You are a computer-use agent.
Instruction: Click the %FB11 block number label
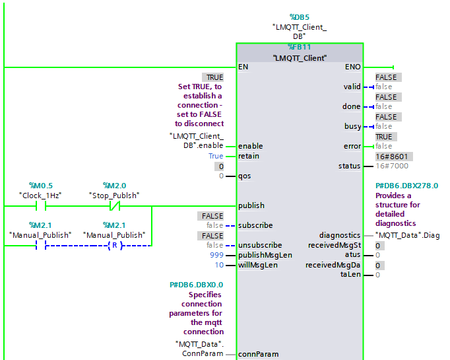pyautogui.click(x=300, y=47)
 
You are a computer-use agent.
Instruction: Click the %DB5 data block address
pyautogui.click(x=299, y=17)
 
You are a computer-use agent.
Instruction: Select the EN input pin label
pyautogui.click(x=243, y=67)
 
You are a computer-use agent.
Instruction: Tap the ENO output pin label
pyautogui.click(x=352, y=67)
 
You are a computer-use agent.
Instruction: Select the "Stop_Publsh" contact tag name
pyautogui.click(x=114, y=196)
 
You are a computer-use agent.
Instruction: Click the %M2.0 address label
pyautogui.click(x=114, y=186)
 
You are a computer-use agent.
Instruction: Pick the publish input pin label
pyautogui.click(x=251, y=205)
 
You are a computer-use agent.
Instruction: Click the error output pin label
pyautogui.click(x=352, y=146)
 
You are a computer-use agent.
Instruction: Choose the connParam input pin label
pyautogui.click(x=258, y=354)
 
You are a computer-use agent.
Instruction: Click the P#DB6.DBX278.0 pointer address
pyautogui.click(x=406, y=186)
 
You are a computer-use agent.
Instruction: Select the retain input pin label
pyautogui.click(x=249, y=156)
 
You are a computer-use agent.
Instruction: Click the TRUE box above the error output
pyautogui.click(x=386, y=137)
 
